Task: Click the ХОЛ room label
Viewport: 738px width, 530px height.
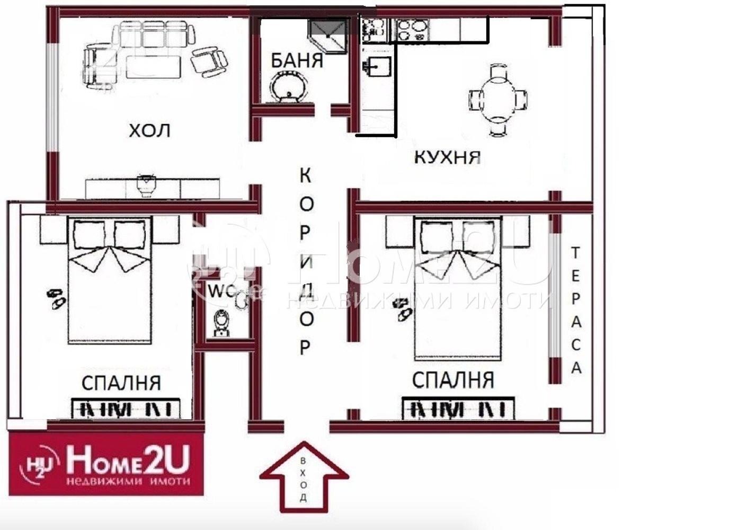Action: pos(150,130)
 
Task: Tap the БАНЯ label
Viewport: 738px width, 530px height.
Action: pos(297,60)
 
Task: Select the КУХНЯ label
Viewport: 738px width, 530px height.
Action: pos(447,157)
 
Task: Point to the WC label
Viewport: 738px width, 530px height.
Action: pos(218,291)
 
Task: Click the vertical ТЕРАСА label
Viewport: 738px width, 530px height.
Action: pos(576,310)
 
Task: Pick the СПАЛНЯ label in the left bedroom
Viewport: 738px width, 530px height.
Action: pos(121,383)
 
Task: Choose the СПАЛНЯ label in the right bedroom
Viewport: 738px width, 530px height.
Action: pos(453,380)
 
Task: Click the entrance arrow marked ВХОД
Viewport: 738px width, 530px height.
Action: pos(303,477)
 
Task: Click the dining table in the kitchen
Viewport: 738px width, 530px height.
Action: pos(497,99)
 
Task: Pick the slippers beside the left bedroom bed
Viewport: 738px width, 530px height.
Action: pos(56,298)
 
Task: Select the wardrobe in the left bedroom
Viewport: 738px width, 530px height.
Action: pos(126,409)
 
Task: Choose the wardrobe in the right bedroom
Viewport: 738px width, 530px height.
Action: pos(458,409)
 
